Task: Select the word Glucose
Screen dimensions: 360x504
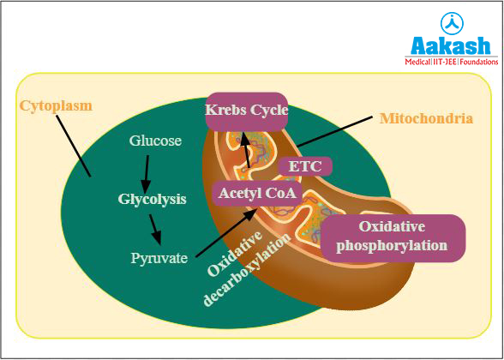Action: tap(155, 141)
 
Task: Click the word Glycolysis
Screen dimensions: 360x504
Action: tap(152, 199)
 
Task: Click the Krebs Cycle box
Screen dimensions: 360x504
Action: tap(246, 111)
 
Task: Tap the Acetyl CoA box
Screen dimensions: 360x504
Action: tap(257, 194)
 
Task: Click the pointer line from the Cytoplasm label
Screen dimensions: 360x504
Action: tap(75, 146)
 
